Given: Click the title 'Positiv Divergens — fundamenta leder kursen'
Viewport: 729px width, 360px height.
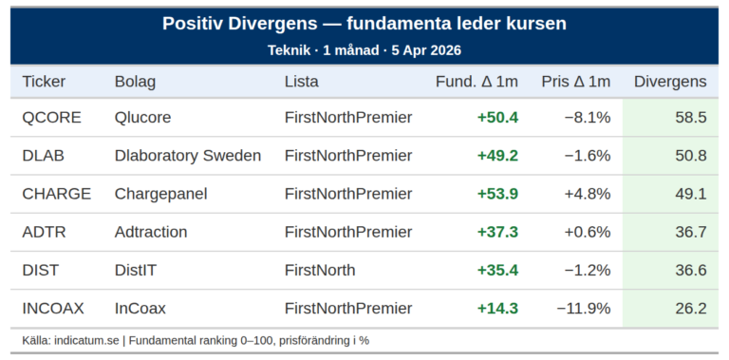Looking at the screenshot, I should coord(364,24).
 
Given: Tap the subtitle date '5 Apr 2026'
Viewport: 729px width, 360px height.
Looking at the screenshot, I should coord(424,49).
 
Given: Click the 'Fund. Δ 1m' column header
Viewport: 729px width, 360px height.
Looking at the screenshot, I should coord(477,82).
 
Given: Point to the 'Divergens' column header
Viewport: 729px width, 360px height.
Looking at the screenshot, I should coord(670,82).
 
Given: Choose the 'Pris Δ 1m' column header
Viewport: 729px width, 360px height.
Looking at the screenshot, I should coord(575,82).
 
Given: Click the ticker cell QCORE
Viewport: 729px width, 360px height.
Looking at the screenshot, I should coord(51,118).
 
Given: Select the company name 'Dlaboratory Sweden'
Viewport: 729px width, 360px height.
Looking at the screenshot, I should coord(187,156).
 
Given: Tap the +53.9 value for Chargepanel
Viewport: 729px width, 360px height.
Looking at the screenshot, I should coord(497,194).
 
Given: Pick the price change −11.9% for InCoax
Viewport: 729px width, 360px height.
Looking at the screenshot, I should coord(583,308).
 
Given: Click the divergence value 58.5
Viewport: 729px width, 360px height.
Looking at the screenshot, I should coord(690,118).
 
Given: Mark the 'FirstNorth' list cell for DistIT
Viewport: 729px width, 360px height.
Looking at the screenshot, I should coord(320,270).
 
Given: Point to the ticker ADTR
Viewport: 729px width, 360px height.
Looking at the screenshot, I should coord(45,232).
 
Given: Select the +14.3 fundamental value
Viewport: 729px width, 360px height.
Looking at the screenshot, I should coord(497,308).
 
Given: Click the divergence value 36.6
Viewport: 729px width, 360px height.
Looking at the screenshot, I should coord(690,270).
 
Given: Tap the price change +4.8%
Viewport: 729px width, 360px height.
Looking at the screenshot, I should coord(587,194).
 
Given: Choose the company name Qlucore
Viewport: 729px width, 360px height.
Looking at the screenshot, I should coord(144,118).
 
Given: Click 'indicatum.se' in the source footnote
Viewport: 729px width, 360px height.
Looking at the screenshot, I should coord(88,340).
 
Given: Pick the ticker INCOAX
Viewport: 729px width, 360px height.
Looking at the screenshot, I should coord(53,308).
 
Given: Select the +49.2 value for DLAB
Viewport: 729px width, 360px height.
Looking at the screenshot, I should coord(497,156).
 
